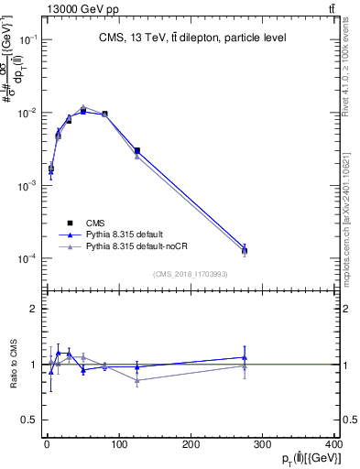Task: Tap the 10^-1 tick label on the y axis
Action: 27,39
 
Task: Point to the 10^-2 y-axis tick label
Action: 27,113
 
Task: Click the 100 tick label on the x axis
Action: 119,444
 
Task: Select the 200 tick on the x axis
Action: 191,444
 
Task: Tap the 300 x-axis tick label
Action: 264,444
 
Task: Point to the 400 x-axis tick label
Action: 334,444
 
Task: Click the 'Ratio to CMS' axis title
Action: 12,365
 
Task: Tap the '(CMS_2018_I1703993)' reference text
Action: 190,274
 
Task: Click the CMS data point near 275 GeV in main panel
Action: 245,250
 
